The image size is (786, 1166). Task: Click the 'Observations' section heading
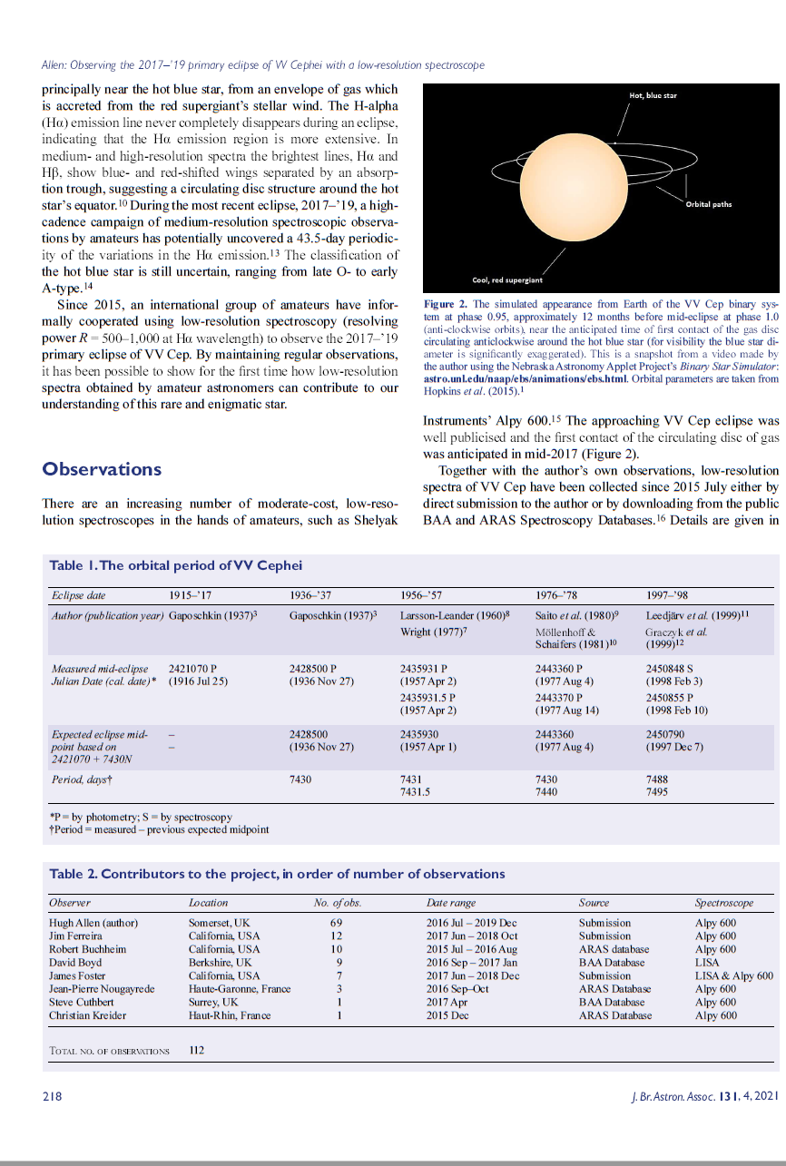point(102,469)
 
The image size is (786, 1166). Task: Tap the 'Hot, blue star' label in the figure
point(653,95)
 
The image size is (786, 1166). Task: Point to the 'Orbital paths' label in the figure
point(708,204)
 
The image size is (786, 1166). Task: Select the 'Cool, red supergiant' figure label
point(506,280)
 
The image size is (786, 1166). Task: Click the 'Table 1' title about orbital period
point(175,565)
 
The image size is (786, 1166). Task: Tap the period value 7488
point(657,779)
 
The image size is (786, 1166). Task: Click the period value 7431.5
point(415,792)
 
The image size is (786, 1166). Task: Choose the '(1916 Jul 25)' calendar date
point(198,681)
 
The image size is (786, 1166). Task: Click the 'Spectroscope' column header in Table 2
point(723,903)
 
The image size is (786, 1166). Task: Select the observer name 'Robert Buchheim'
point(87,949)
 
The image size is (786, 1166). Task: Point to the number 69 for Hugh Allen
point(336,923)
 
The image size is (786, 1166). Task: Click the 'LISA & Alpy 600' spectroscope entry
point(733,975)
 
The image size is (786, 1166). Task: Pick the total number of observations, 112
point(197,1051)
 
